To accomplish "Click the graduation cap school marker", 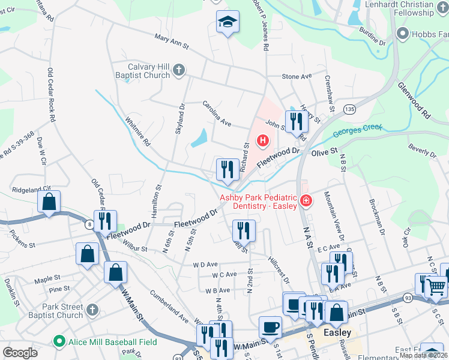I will [227, 23].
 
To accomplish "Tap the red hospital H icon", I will [262, 141].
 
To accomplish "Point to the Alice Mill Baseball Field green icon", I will [59, 342].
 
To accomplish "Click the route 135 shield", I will [350, 109].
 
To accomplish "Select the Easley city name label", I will [337, 332].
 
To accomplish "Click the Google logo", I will [20, 353].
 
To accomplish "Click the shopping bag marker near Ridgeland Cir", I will [49, 202].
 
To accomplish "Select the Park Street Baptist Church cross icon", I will [91, 310].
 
